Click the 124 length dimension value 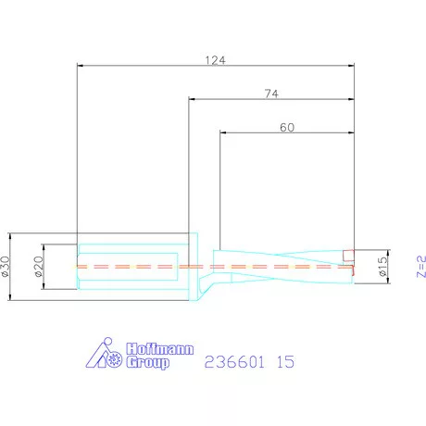point(216,60)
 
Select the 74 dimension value point(271,94)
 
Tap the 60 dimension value point(287,128)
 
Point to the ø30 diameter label point(6,267)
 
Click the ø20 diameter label point(39,267)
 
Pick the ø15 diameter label point(382,266)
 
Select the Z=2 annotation point(421,267)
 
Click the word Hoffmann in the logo point(160,349)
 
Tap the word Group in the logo point(148,362)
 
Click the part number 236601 point(234,361)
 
